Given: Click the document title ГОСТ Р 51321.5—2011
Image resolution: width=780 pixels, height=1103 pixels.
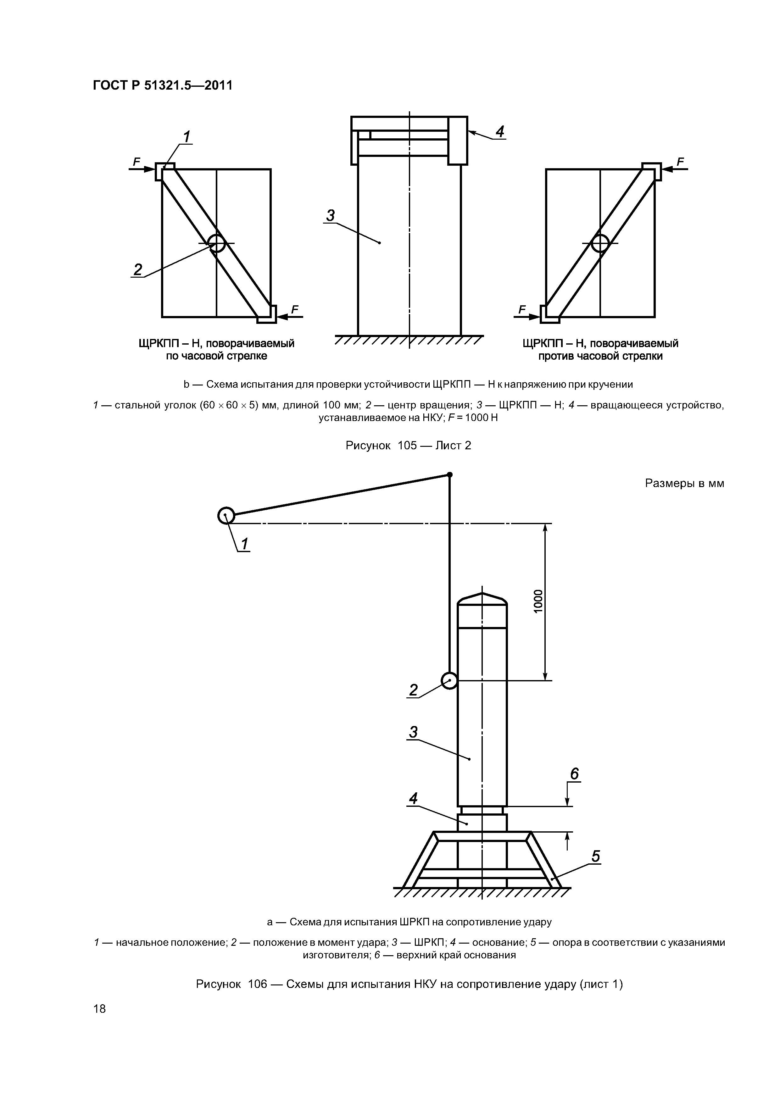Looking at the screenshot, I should click(162, 86).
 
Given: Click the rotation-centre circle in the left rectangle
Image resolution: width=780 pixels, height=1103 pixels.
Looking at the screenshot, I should click(217, 244).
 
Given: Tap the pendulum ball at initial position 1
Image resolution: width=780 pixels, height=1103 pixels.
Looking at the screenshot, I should click(226, 516).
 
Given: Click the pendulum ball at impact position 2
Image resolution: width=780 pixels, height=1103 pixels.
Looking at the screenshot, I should click(449, 680).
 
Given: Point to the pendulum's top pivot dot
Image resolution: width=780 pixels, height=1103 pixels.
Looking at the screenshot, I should click(450, 475).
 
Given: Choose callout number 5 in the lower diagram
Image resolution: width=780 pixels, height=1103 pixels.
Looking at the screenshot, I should click(595, 856).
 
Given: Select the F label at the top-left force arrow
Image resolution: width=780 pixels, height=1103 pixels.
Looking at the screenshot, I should click(136, 162).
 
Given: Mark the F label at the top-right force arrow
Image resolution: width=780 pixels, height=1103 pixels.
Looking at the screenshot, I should click(680, 162).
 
